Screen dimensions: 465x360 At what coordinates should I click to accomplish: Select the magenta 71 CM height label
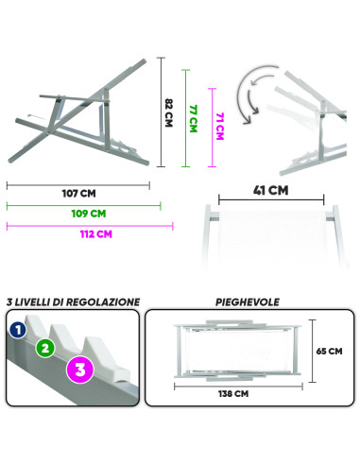(219, 124)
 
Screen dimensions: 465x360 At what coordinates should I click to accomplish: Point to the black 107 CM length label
(78, 195)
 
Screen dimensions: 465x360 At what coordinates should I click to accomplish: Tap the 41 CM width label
(271, 190)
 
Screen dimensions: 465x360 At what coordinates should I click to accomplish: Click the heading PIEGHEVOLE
(243, 302)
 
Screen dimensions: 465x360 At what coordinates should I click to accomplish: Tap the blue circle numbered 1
(16, 330)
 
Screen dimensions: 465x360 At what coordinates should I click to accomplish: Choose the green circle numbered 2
(43, 347)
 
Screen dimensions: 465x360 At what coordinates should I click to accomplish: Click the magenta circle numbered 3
(79, 369)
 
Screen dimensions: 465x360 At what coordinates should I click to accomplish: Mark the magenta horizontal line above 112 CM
(91, 225)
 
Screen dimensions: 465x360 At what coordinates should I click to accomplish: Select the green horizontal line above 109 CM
(83, 204)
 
